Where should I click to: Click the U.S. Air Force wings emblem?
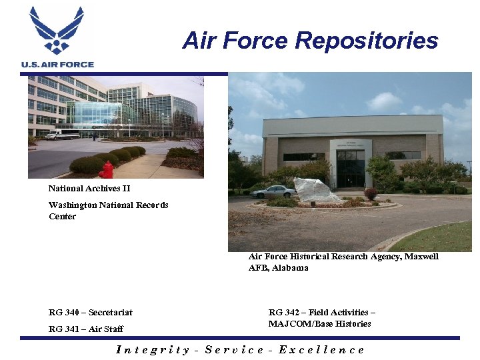pos(57,30)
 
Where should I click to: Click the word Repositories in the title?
pos(366,41)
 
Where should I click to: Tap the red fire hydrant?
pos(106,170)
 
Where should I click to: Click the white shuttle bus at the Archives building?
pos(62,134)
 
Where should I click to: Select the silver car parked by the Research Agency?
pos(273,192)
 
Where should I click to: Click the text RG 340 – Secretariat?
pos(91,312)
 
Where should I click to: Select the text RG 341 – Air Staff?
pos(86,329)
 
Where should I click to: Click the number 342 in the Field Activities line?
pos(291,312)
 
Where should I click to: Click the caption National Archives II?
pos(89,189)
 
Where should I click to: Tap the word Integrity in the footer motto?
pos(153,349)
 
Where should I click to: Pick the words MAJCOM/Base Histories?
pos(319,323)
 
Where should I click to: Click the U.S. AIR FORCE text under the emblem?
pos(57,64)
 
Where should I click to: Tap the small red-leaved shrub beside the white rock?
pos(371,193)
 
